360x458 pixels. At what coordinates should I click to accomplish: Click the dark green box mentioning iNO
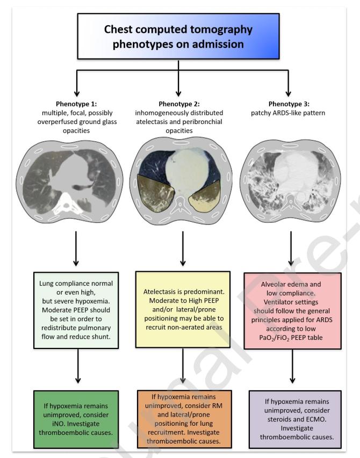coord(75,416)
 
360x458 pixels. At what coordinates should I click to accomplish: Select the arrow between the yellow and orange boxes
coord(183,368)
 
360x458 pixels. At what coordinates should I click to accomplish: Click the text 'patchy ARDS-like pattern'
coord(291,114)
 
